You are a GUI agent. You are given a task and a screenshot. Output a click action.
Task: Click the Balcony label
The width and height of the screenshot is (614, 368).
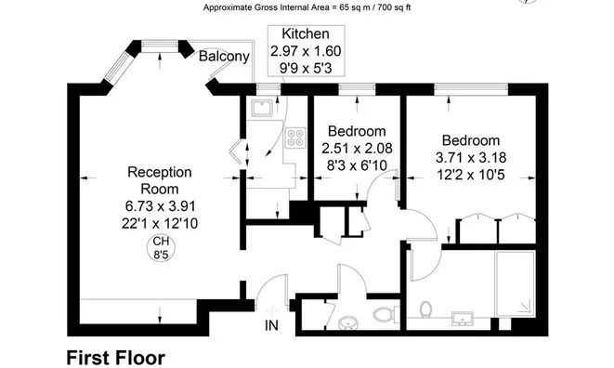(224, 56)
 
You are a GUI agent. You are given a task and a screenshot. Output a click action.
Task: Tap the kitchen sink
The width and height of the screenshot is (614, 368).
(262, 108)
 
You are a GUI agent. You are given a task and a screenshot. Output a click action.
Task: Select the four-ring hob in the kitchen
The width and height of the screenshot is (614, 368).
(295, 138)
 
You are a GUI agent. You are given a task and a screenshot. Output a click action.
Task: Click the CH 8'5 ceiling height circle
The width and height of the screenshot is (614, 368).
(161, 248)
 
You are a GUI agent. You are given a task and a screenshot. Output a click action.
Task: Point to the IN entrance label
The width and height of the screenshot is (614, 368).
(271, 325)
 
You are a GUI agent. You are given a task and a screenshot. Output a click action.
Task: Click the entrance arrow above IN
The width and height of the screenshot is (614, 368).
(271, 310)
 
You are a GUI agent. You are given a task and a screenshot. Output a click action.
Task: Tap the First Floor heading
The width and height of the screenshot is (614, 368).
(116, 358)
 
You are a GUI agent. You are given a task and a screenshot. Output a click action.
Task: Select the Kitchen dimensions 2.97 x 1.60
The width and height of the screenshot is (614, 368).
(306, 51)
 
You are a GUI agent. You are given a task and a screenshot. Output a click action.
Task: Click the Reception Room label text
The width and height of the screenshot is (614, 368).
(160, 180)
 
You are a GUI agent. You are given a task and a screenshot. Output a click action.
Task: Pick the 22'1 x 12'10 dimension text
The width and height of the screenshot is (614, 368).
(160, 223)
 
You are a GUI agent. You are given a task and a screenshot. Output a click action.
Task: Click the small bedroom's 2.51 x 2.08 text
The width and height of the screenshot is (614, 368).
(357, 148)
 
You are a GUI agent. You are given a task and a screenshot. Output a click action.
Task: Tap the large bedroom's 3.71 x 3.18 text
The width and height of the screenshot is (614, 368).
(471, 158)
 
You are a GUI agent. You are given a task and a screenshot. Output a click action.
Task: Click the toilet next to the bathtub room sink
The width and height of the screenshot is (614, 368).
(425, 309)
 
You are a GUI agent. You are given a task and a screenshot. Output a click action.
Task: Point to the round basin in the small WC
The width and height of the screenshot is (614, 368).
(347, 323)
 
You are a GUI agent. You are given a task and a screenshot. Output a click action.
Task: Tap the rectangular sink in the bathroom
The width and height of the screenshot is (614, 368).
(463, 318)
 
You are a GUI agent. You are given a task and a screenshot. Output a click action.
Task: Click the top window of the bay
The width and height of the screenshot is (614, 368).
(160, 45)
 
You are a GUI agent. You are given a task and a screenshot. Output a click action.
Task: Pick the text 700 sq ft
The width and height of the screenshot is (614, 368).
(395, 7)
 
